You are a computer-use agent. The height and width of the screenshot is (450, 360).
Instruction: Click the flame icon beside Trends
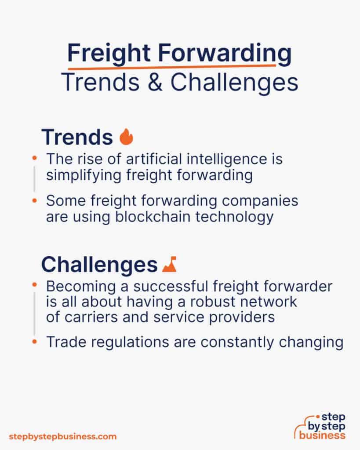[126, 137]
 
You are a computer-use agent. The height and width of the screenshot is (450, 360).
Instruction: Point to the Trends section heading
[77, 138]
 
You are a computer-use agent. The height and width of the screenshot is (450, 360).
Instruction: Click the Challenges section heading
[99, 265]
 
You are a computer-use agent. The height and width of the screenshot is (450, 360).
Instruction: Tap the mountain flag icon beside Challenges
[169, 264]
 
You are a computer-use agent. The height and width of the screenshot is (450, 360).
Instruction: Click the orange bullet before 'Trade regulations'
[34, 343]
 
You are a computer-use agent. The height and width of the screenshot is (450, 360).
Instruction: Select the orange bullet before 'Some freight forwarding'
[34, 201]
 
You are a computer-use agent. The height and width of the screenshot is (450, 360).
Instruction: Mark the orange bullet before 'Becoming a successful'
[34, 286]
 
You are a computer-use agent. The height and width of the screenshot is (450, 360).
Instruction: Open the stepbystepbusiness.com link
[63, 436]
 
